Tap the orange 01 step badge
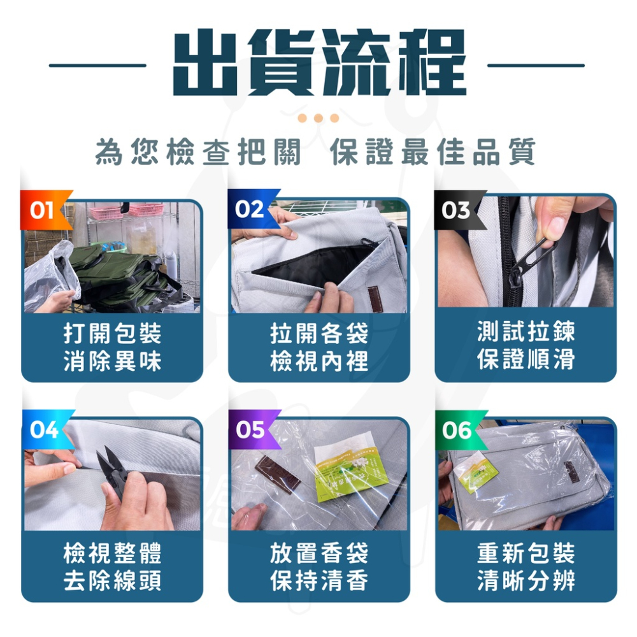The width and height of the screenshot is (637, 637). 43,210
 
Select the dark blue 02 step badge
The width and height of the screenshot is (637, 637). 250,210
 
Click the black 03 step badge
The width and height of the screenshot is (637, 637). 457,210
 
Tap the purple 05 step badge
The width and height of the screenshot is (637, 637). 251,430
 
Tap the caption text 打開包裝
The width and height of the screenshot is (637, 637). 112,333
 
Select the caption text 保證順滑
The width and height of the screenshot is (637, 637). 526,361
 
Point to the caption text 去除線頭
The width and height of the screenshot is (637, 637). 112,581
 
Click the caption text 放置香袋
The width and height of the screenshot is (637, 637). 318,553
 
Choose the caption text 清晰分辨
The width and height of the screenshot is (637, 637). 526,581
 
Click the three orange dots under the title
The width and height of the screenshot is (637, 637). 318,118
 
